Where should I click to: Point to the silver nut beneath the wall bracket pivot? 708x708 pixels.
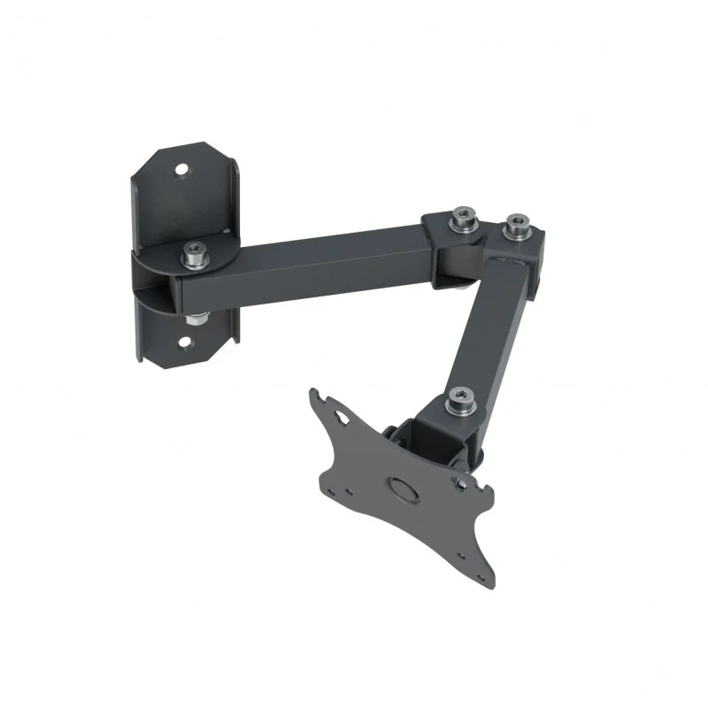[x=196, y=316]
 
